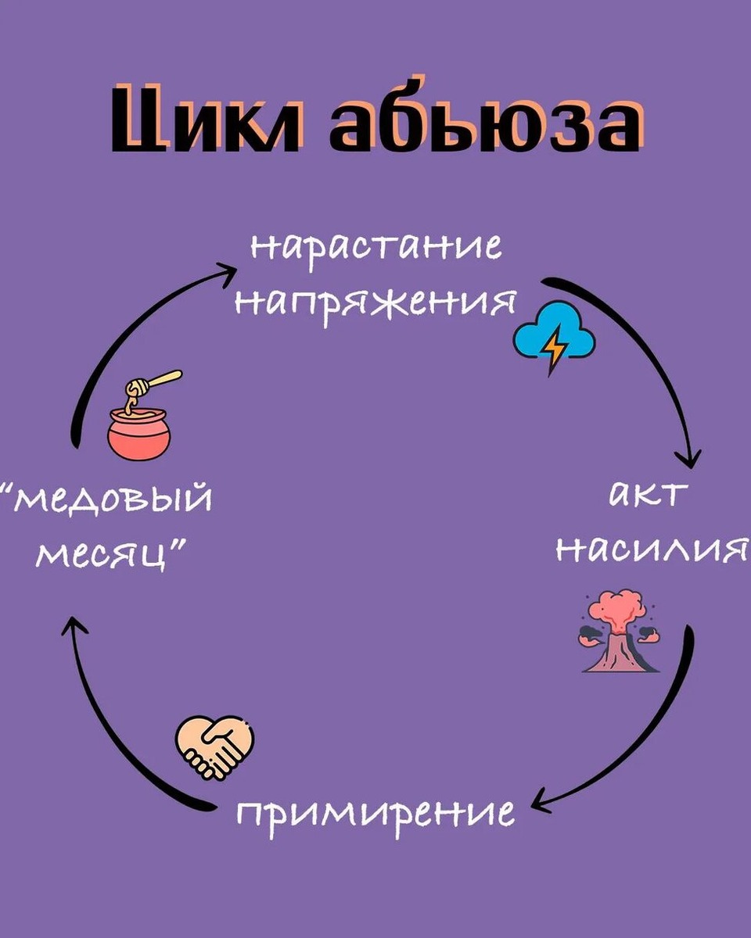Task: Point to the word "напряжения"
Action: click(375, 302)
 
